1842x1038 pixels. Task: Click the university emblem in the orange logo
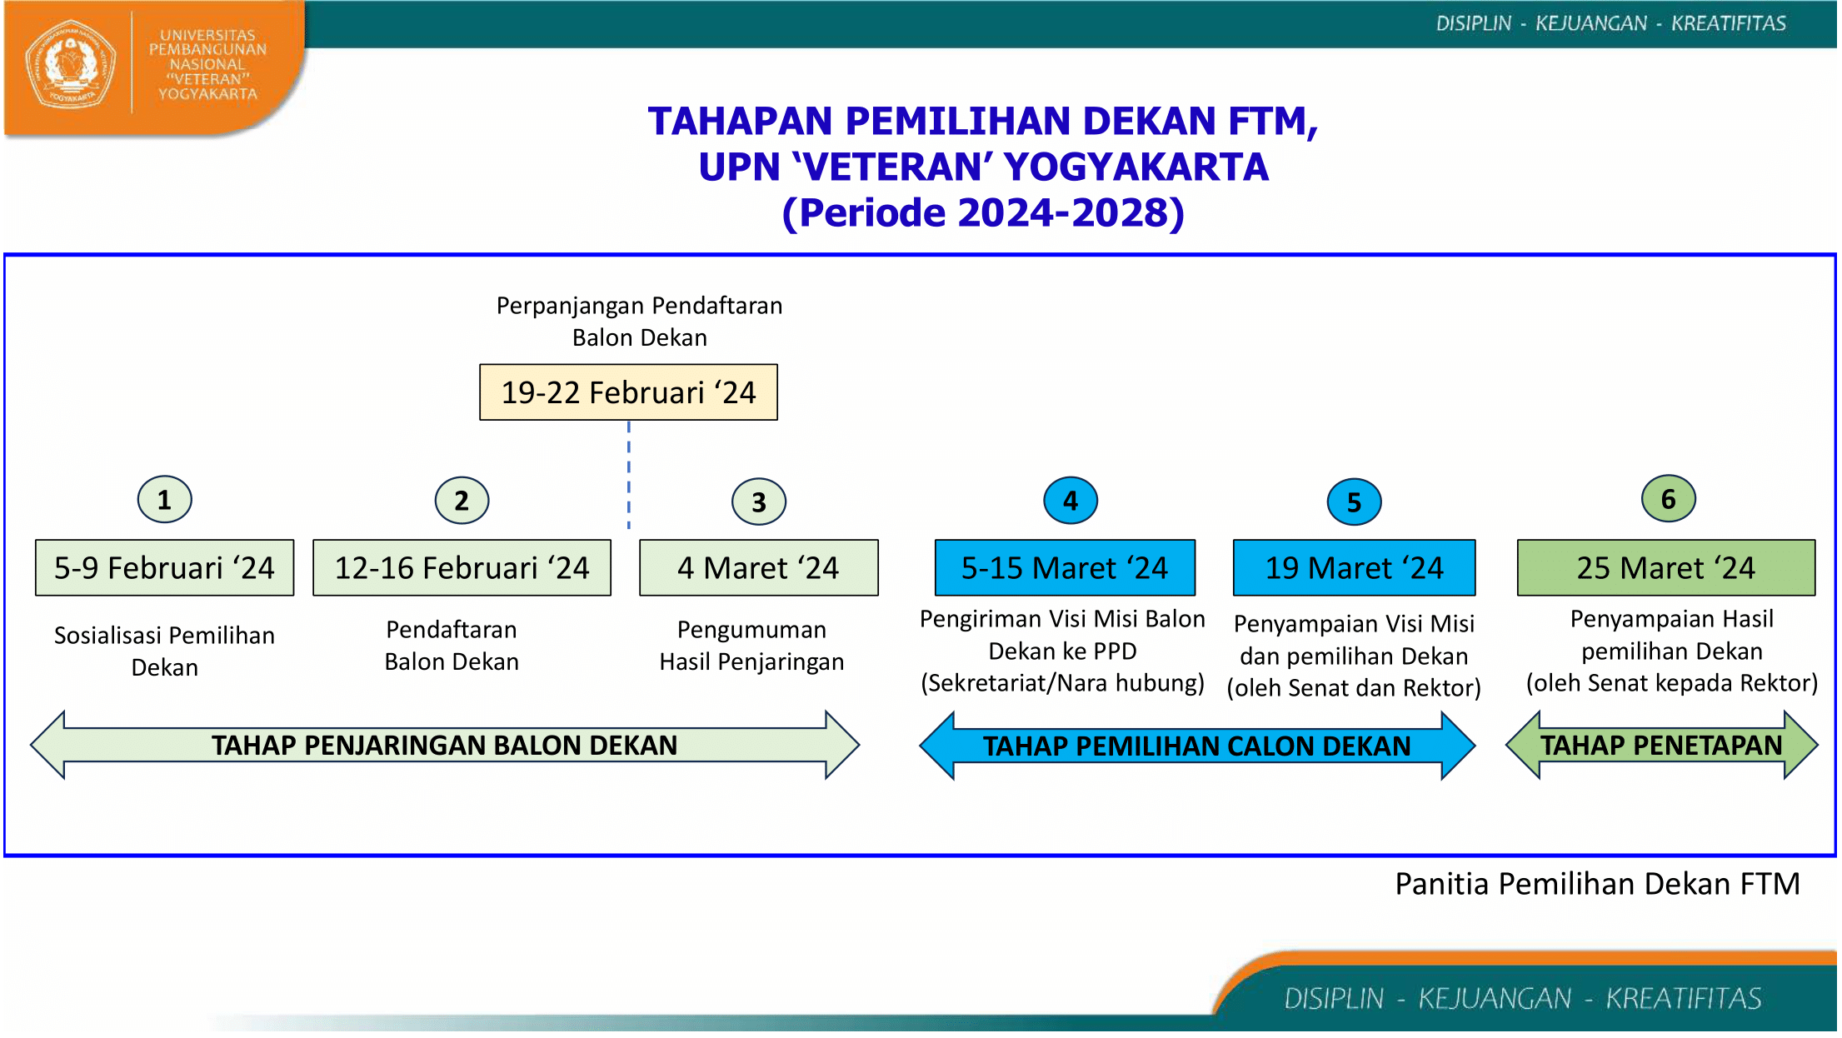pyautogui.click(x=70, y=65)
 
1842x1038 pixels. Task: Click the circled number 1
pyautogui.click(x=164, y=500)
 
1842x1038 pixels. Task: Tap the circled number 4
pyautogui.click(x=1070, y=501)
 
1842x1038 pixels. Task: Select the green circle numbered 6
pyautogui.click(x=1668, y=499)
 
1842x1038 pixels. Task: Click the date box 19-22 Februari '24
pyautogui.click(x=628, y=392)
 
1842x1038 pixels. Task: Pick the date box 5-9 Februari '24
pyautogui.click(x=164, y=568)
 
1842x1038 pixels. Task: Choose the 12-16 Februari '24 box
pyautogui.click(x=462, y=568)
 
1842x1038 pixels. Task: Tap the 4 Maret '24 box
pyautogui.click(x=758, y=568)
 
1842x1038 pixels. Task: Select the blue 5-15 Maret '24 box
pyautogui.click(x=1064, y=568)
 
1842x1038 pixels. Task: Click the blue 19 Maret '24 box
pyautogui.click(x=1354, y=568)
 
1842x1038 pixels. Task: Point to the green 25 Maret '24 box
pyautogui.click(x=1665, y=568)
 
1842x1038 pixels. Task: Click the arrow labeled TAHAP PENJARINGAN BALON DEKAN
pyautogui.click(x=444, y=745)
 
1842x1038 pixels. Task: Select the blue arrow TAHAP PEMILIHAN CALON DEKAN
pyautogui.click(x=1196, y=746)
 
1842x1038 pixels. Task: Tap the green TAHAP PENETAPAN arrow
pyautogui.click(x=1661, y=745)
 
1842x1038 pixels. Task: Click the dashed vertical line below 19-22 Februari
pyautogui.click(x=628, y=475)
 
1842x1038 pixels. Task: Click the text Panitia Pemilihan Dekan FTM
pyautogui.click(x=1597, y=884)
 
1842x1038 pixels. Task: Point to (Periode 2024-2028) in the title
pyautogui.click(x=982, y=212)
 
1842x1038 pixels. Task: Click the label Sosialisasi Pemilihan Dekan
pyautogui.click(x=164, y=651)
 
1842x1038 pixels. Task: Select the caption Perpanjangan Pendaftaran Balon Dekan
pyautogui.click(x=639, y=322)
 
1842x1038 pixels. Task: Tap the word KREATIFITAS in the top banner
pyautogui.click(x=1728, y=23)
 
